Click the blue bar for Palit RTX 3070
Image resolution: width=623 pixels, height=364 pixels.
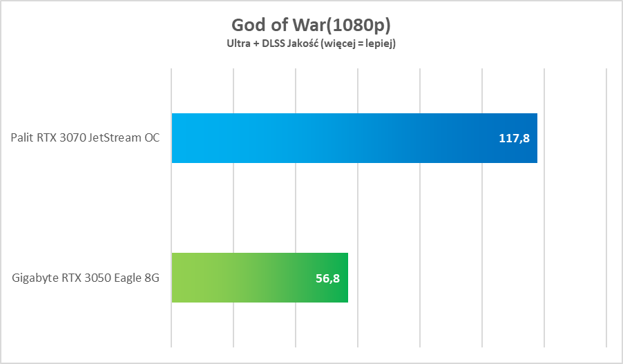pos(354,138)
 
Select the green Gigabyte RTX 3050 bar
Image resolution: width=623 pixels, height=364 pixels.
pos(259,278)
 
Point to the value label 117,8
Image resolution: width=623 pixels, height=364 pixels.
pos(514,138)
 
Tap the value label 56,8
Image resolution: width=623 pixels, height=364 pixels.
pos(327,278)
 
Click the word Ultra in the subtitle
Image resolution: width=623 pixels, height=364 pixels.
pos(239,44)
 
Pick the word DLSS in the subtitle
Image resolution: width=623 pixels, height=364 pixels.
pos(274,44)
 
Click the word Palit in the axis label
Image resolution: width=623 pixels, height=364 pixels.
pos(22,138)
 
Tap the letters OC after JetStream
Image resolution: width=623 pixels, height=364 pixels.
pos(151,138)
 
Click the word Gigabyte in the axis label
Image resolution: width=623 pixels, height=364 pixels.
pos(33,278)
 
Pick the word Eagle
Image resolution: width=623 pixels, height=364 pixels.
pos(128,278)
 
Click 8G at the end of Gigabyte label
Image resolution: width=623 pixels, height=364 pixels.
pos(153,278)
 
